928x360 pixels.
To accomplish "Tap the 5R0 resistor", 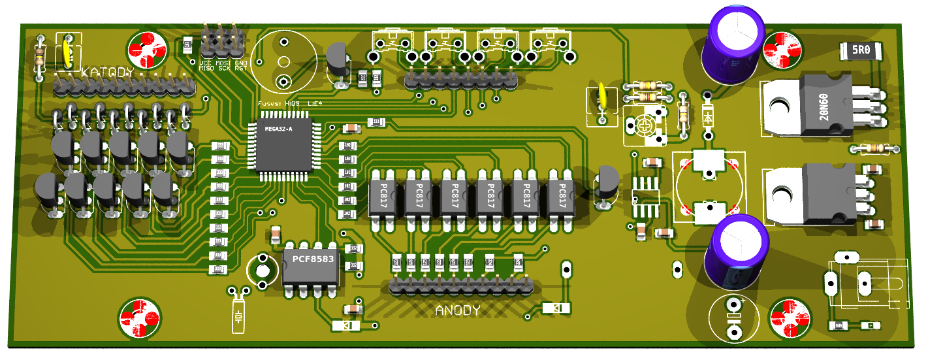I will (x=859, y=50).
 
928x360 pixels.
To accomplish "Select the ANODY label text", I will (x=458, y=310).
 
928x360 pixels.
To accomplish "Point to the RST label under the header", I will (x=241, y=67).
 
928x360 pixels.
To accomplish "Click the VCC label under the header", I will (x=206, y=62).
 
